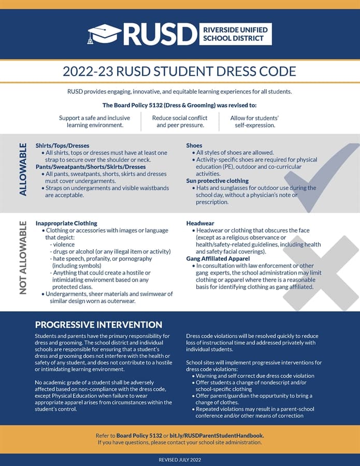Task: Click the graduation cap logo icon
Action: pos(104,34)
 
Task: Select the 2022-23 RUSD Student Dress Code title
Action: pos(179,71)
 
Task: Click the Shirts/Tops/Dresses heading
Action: pos(62,145)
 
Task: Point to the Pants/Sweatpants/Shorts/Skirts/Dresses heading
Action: pos(91,167)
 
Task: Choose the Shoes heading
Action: pos(194,145)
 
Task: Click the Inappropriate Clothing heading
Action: pos(66,223)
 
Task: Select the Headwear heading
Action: pos(200,223)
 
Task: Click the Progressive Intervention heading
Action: pos(98,325)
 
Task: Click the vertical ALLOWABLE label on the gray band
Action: pos(23,173)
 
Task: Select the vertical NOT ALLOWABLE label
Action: pos(23,257)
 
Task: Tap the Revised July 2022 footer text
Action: pos(180,460)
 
